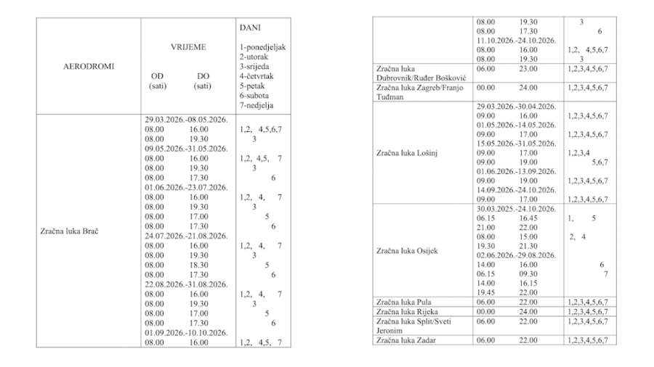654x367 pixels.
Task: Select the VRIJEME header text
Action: [x=188, y=46]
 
